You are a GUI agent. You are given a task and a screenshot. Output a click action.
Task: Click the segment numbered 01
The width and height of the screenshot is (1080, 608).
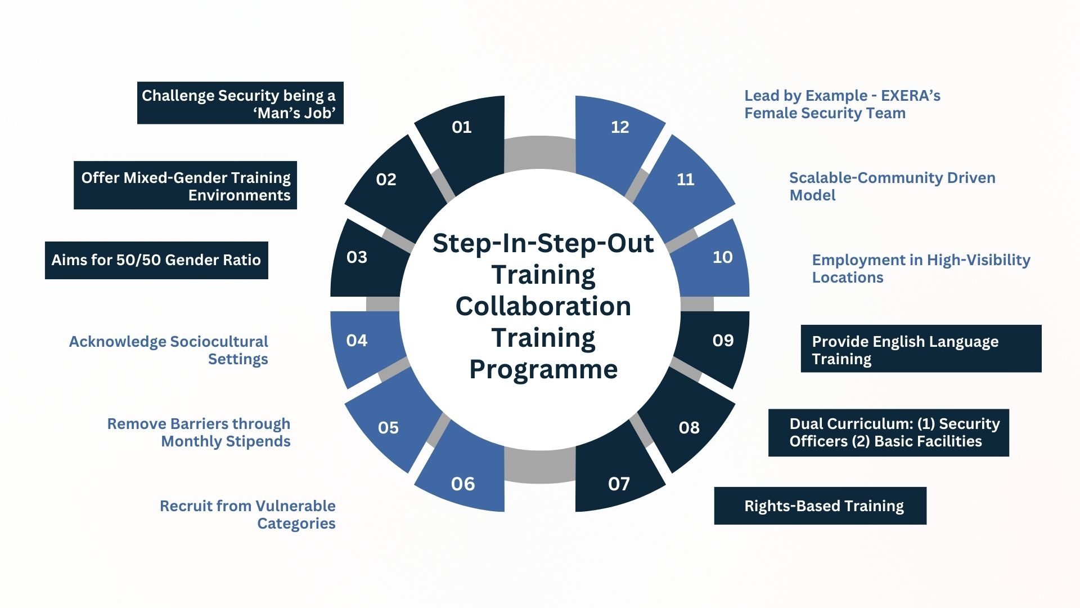coord(462,128)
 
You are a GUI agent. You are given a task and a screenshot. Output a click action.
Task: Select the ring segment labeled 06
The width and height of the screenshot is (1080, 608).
coord(463,484)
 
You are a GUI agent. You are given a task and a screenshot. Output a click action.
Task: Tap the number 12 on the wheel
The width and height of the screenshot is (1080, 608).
coord(620,127)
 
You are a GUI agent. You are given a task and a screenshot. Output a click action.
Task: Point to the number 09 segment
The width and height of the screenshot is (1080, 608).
coord(723,341)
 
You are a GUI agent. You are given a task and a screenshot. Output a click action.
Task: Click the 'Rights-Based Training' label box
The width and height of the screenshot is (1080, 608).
coord(820,506)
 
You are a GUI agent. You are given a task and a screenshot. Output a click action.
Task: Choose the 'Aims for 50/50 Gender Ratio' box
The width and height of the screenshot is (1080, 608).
coord(156,260)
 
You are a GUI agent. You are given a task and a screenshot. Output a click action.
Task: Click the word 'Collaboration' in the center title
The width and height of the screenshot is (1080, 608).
coord(543,306)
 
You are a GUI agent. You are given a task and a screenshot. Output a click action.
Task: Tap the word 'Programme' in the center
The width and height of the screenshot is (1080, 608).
coord(543,370)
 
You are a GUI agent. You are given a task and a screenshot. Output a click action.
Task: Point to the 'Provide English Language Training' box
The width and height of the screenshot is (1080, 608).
coord(921,349)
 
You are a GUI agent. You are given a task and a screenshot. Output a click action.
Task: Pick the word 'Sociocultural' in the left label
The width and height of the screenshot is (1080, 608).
coord(219,342)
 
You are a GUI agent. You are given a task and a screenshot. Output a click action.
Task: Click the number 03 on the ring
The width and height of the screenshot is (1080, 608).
coord(357,257)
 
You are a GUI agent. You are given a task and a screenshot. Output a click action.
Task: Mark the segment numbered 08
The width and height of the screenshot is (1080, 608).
coord(689,428)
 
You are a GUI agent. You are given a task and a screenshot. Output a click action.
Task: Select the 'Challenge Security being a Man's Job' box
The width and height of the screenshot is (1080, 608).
coord(240,104)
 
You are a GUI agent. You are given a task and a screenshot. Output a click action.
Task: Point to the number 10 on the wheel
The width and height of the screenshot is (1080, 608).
coord(723,257)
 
